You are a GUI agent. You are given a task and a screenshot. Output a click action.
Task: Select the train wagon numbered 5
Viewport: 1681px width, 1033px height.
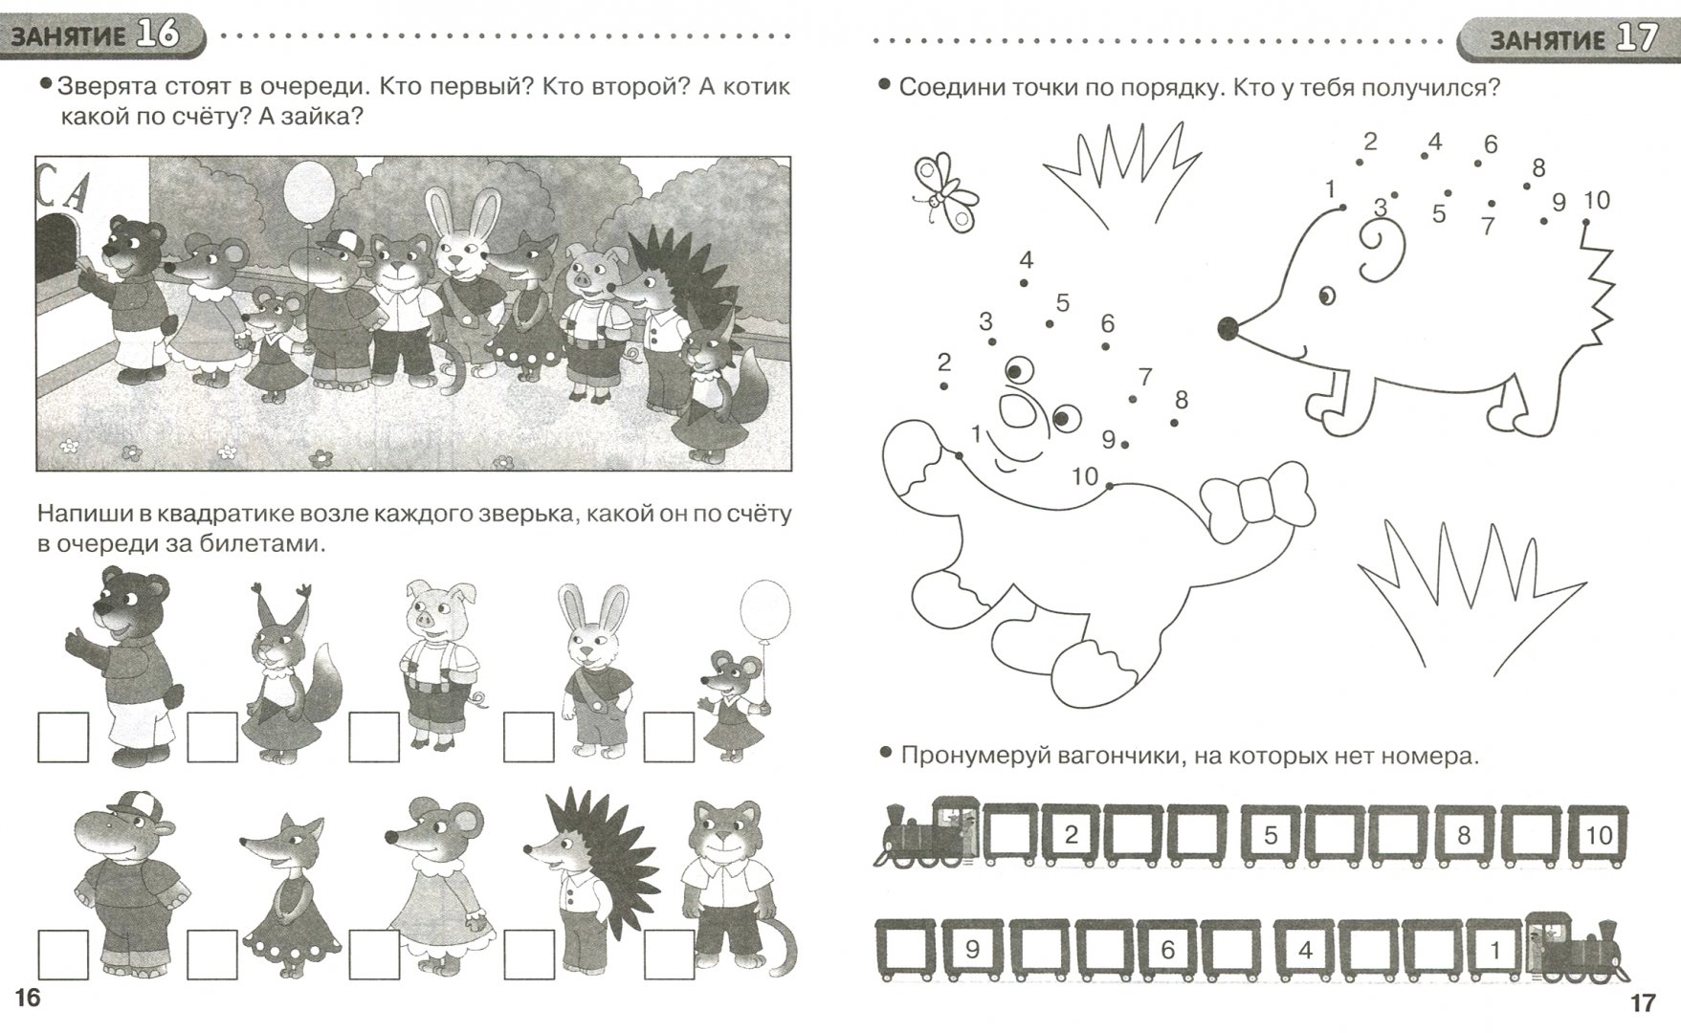coord(1271,836)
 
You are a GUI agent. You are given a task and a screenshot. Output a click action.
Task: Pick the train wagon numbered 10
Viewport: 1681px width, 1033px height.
coord(1599,836)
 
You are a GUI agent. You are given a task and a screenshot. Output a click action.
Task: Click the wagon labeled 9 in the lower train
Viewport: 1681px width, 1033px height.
coord(972,949)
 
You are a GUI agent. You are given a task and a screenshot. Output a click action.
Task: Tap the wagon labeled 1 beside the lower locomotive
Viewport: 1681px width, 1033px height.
coord(1493,949)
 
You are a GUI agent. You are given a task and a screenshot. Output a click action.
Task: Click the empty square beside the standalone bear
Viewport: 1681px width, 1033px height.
coord(63,736)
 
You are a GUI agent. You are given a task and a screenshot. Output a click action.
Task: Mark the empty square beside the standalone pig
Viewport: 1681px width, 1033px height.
coord(374,736)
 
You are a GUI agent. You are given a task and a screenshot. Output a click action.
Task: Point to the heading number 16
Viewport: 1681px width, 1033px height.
coord(157,34)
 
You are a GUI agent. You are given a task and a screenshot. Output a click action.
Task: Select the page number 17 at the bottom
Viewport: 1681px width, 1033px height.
coord(1642,1003)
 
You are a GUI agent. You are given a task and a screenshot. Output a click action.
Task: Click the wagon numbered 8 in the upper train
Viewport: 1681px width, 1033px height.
coord(1463,836)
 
